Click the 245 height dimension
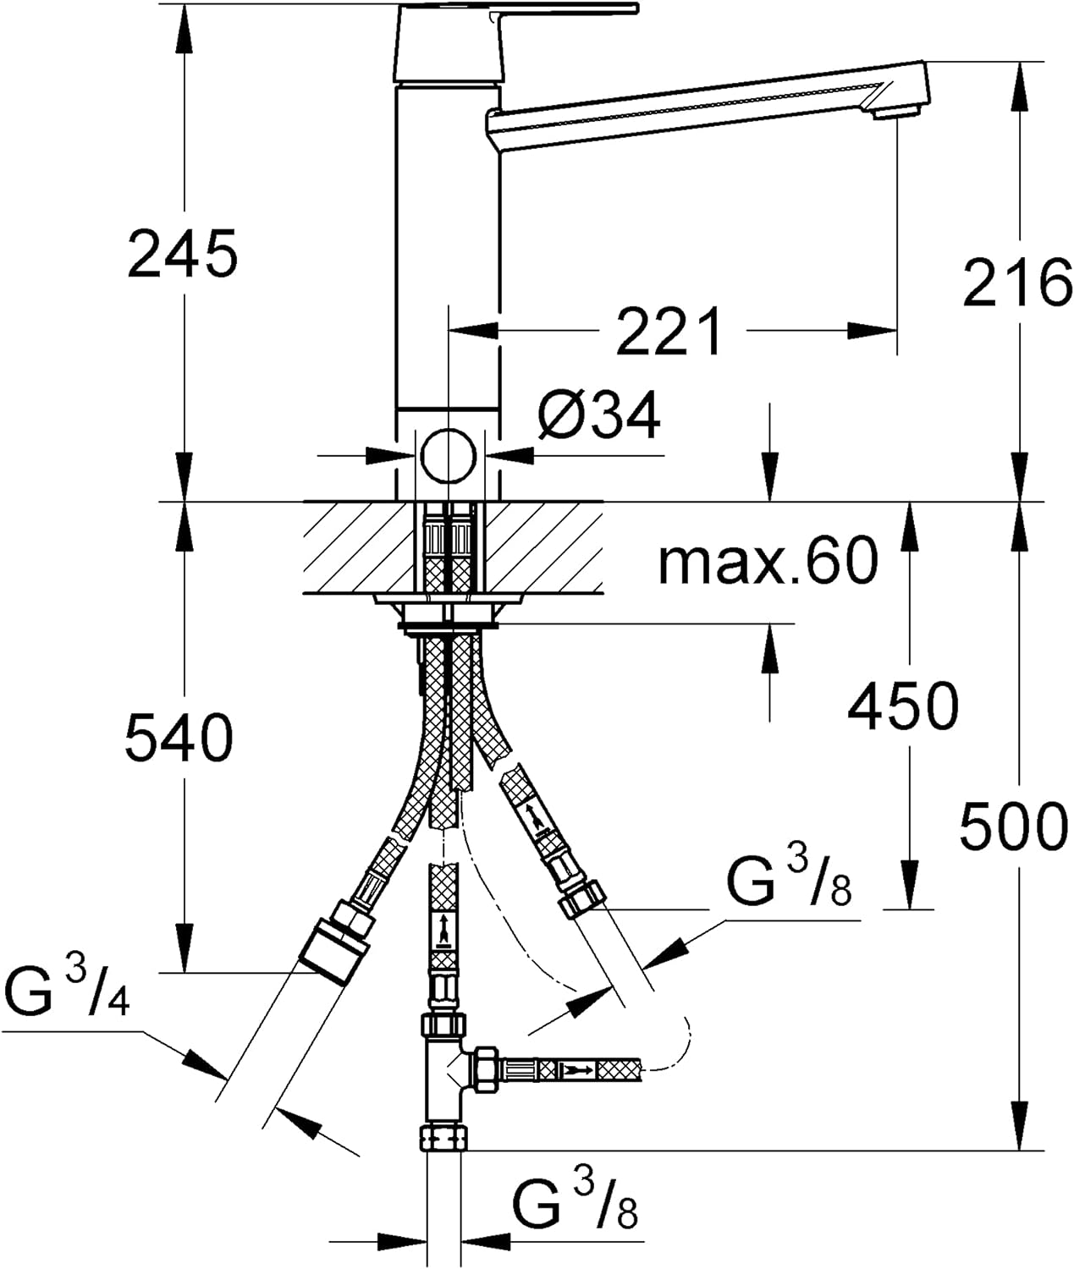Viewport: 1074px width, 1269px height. pos(182,254)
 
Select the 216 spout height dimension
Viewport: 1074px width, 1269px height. pos(1016,283)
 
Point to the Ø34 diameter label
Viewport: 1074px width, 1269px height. pos(598,415)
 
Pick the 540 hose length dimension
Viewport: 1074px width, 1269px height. pos(179,736)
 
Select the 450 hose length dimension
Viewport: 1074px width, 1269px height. pos(903,706)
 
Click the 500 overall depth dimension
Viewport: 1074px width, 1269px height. pos(1015,825)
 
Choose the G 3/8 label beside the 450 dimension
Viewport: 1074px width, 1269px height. pos(789,877)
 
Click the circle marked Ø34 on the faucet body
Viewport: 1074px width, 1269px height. pos(449,455)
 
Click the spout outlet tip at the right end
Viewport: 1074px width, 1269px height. pos(897,111)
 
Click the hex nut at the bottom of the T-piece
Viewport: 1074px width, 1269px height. pos(443,1139)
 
